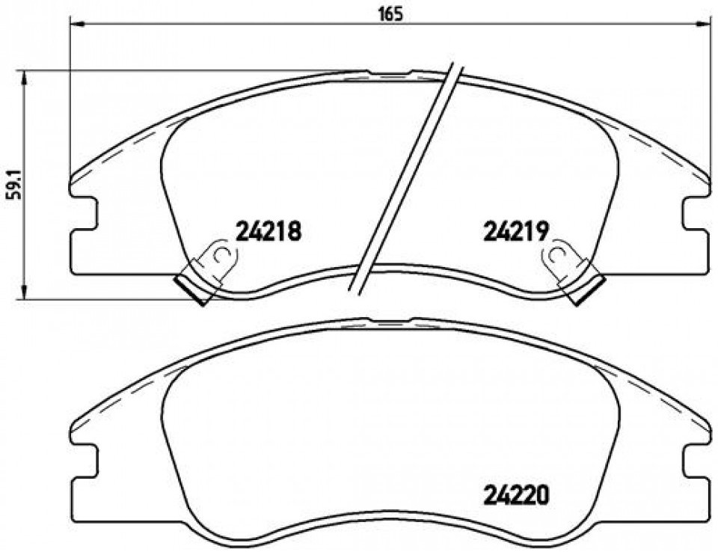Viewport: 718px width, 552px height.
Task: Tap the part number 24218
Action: tap(269, 231)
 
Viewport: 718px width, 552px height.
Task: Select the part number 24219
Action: tap(516, 231)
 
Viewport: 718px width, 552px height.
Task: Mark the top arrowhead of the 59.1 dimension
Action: tap(24, 78)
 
